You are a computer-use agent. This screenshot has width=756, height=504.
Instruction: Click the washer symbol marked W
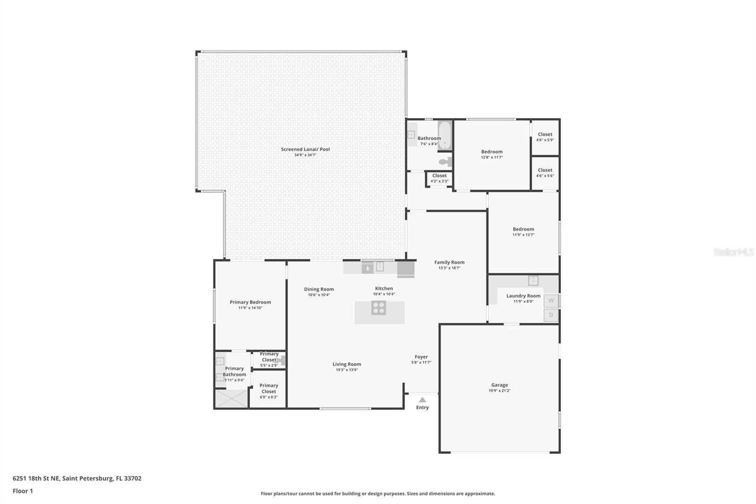coord(551,301)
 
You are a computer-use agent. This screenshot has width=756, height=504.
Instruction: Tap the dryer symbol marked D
coord(551,315)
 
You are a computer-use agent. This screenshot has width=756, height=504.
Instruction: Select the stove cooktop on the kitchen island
coord(378,308)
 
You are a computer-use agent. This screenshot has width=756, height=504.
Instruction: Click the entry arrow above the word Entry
coord(422,400)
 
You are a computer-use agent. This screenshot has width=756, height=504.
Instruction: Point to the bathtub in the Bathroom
coord(444,136)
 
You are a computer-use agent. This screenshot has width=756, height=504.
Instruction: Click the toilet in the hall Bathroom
coord(445,162)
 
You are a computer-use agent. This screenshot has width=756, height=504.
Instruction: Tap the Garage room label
coord(499,385)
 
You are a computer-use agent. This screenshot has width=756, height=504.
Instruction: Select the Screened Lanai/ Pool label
coord(305,149)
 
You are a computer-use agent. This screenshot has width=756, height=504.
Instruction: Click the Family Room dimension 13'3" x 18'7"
coord(449,268)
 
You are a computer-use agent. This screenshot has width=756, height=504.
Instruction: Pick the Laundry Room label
coord(523,296)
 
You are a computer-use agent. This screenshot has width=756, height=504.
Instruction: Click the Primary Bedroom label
coord(250,303)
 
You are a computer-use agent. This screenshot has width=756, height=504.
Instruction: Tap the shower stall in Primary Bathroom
coord(231,398)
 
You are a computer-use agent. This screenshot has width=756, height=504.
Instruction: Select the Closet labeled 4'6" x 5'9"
coord(545,137)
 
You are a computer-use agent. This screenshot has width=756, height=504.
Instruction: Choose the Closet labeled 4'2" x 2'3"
coord(439,178)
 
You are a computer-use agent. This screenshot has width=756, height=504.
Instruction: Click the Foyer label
coord(421,357)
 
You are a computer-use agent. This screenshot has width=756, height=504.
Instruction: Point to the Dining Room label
coord(319,289)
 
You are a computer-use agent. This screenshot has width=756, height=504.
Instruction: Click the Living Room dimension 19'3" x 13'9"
coord(346,370)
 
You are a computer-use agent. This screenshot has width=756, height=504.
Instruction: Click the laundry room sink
coord(533,280)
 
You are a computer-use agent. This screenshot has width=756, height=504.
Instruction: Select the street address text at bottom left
coord(77,478)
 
